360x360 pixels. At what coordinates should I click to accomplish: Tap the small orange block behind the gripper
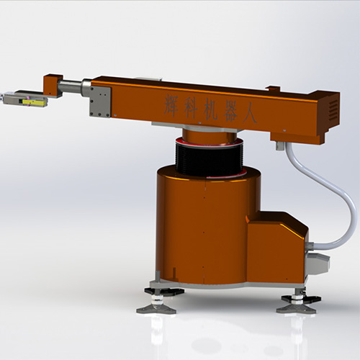click(x=52, y=84)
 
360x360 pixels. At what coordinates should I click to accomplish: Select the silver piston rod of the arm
click(x=70, y=87)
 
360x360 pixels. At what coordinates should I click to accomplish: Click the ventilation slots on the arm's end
click(x=333, y=110)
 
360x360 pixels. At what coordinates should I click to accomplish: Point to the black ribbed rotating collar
click(x=209, y=158)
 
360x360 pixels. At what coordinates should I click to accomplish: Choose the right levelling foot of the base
click(x=297, y=302)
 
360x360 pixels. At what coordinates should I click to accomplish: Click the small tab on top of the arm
click(x=272, y=89)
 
